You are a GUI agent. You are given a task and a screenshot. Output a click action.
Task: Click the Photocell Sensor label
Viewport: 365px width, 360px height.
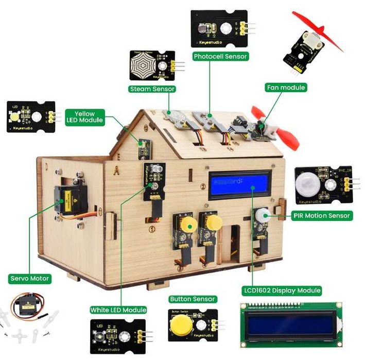tap(220, 56)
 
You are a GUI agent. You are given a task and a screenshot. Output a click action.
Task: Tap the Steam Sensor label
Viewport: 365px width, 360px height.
tap(152, 89)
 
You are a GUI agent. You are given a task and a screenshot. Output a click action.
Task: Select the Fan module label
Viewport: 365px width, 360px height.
tap(286, 88)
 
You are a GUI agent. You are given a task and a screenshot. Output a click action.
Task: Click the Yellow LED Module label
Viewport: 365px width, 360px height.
tap(85, 117)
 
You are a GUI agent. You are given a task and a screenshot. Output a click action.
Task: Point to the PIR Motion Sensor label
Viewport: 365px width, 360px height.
tap(322, 215)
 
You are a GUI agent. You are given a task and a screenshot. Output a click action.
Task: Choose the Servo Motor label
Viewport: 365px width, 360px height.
tap(30, 279)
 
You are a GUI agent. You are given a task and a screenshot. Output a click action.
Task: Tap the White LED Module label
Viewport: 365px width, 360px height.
tap(118, 310)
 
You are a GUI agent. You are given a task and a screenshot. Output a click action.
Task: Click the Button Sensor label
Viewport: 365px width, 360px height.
tap(193, 299)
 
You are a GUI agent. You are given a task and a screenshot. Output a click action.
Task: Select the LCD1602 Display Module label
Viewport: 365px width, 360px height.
tap(282, 290)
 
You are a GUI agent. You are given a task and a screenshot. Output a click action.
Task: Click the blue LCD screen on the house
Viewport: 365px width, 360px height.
tap(239, 184)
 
